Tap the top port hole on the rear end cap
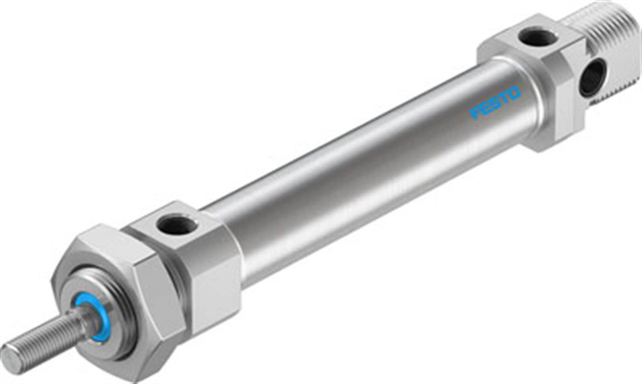537,37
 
